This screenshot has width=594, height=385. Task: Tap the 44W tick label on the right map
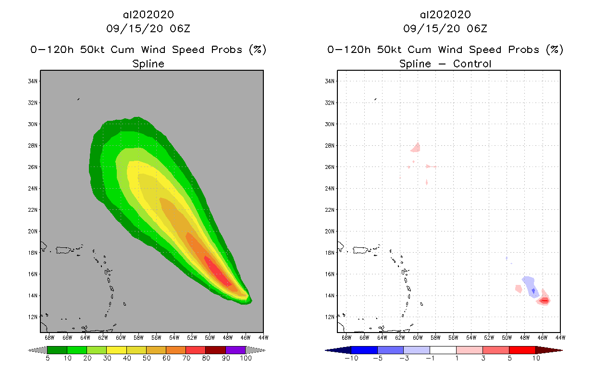560,337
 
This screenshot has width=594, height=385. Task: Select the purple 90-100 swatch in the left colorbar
235,350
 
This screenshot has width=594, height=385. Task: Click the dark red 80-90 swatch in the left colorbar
215,350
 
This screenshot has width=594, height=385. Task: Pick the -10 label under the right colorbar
351,358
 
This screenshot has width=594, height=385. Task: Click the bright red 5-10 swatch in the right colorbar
521,350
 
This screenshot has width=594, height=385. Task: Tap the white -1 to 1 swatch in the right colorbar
443,350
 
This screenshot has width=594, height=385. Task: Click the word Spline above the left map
148,64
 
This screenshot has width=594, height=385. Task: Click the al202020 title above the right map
445,15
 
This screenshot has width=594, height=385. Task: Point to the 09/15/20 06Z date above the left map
148,28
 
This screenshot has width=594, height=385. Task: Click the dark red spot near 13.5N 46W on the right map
544,301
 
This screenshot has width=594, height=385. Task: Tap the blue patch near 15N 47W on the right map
531,286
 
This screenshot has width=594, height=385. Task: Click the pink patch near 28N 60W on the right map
416,147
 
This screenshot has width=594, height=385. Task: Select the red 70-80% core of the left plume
219,273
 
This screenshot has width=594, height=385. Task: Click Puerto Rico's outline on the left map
63,250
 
